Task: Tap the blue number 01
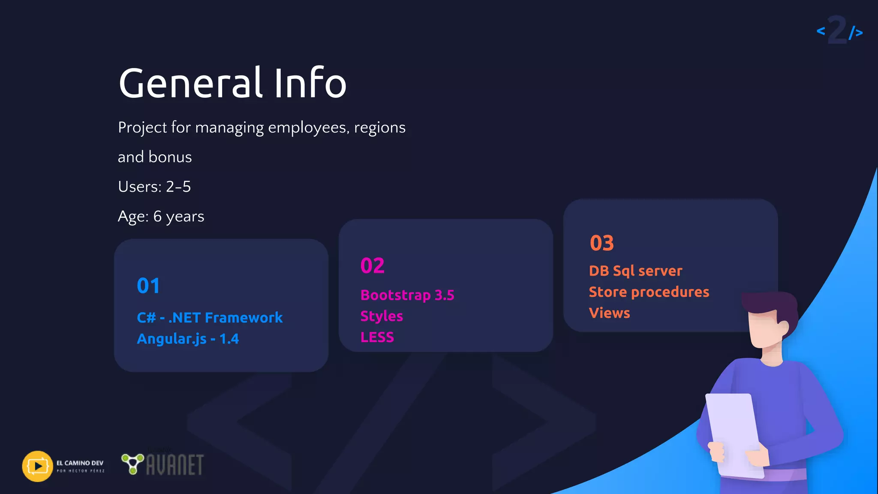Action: (x=148, y=286)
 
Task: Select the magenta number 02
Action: (x=372, y=265)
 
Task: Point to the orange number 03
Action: (x=601, y=243)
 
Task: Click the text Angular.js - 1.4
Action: (x=188, y=339)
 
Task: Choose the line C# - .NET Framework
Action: (x=210, y=318)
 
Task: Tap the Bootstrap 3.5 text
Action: (x=407, y=295)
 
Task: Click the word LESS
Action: (x=377, y=337)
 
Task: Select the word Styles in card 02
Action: (x=382, y=316)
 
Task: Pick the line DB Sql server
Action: (x=635, y=271)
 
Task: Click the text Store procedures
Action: (x=649, y=292)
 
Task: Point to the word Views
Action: (x=609, y=313)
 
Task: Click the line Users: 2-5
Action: (x=154, y=187)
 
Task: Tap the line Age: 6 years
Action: (x=161, y=217)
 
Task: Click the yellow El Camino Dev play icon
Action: (x=37, y=466)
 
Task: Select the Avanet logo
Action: (x=163, y=464)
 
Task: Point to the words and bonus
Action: (x=155, y=157)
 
